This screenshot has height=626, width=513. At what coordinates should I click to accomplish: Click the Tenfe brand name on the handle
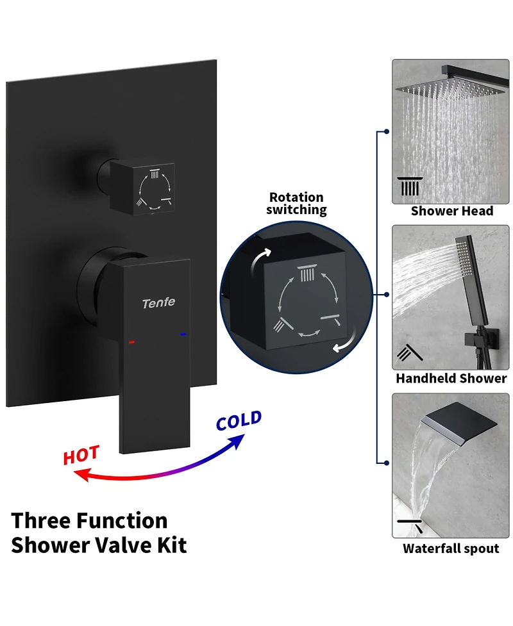(x=158, y=303)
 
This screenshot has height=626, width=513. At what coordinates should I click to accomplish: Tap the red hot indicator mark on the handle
(x=132, y=342)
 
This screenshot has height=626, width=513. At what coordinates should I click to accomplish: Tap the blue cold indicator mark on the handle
(x=183, y=334)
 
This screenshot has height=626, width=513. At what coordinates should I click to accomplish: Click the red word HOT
(x=81, y=455)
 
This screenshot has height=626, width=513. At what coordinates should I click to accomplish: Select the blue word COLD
(x=239, y=420)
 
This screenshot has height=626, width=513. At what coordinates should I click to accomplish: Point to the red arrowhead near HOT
(x=82, y=474)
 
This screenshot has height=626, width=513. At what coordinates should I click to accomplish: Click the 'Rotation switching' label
(x=296, y=203)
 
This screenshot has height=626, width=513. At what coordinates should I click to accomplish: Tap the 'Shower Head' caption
(x=452, y=211)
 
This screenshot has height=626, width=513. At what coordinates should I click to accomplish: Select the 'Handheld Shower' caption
(x=451, y=378)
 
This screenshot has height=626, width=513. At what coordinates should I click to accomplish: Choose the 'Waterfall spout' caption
(x=451, y=548)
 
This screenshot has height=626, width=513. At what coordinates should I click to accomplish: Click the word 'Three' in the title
(x=42, y=521)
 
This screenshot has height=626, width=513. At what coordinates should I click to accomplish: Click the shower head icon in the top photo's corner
(x=410, y=186)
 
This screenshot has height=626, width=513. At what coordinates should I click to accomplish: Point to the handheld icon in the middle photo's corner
(x=410, y=352)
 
